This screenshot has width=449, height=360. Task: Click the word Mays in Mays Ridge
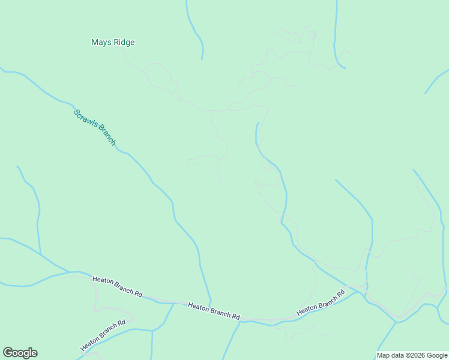(101, 43)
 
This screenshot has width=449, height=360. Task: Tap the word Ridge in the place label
(124, 43)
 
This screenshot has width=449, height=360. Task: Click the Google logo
(20, 353)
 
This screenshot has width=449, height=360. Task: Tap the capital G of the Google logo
(8, 353)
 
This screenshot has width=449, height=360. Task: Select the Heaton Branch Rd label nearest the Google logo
(103, 335)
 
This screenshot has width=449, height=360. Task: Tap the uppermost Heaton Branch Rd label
(117, 287)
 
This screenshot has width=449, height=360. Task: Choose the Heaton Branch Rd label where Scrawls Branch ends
(214, 311)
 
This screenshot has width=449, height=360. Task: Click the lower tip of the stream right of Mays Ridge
(202, 59)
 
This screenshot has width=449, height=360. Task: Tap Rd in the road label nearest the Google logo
(122, 323)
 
